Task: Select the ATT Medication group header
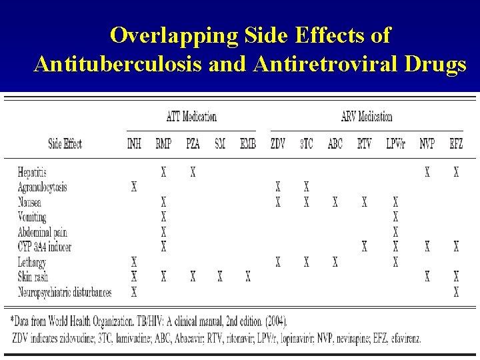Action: (191, 117)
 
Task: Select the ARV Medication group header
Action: (366, 117)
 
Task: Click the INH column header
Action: (134, 143)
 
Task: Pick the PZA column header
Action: (192, 143)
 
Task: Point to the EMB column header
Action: (247, 143)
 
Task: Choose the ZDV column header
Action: (278, 143)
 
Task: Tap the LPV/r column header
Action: (395, 143)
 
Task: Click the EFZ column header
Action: (456, 143)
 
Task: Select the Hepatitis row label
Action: (33, 173)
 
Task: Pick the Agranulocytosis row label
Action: (43, 187)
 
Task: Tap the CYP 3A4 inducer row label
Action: (45, 247)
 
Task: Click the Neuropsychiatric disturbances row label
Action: (65, 292)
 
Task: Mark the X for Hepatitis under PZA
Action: (193, 173)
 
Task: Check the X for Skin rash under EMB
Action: (248, 277)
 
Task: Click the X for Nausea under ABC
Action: (335, 203)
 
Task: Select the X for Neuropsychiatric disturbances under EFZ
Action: (456, 292)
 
